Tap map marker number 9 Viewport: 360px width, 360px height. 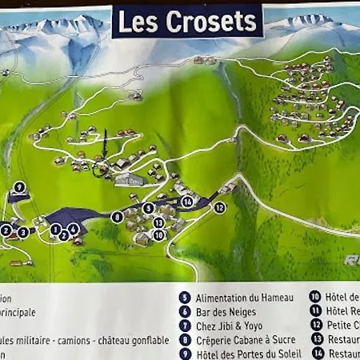pyautogui.click(x=19, y=187)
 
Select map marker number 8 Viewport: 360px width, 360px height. pyautogui.click(x=118, y=217)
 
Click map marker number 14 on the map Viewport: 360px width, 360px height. pyautogui.click(x=187, y=202)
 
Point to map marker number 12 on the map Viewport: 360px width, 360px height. pyautogui.click(x=219, y=207)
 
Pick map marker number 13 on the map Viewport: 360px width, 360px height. pyautogui.click(x=158, y=222)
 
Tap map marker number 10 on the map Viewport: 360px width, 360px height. pyautogui.click(x=158, y=235)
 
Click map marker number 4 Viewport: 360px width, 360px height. pyautogui.click(x=73, y=229)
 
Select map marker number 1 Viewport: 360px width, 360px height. pyautogui.click(x=54, y=229)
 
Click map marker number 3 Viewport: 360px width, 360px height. pyautogui.click(x=23, y=232)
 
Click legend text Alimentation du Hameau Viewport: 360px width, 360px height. pyautogui.click(x=244, y=298)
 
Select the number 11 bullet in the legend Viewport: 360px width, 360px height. pyautogui.click(x=314, y=311)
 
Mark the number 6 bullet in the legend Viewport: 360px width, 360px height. pyautogui.click(x=185, y=312)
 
